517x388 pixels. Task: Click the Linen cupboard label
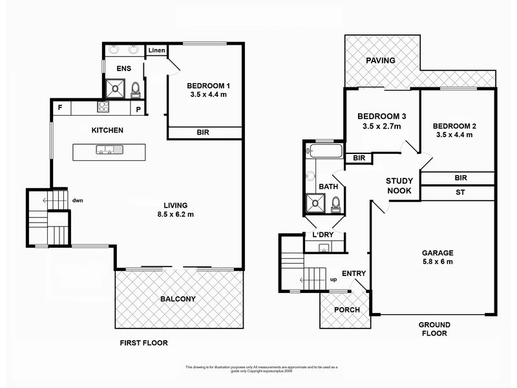click(x=156, y=50)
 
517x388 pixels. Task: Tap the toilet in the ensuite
click(x=136, y=89)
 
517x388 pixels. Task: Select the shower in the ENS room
click(x=114, y=87)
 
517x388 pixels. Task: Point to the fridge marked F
click(x=60, y=107)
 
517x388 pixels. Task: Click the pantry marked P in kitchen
click(x=138, y=108)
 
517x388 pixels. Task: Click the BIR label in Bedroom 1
click(x=203, y=133)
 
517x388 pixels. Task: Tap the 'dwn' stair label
click(x=78, y=200)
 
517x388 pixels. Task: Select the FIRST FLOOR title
click(x=143, y=343)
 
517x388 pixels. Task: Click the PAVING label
click(x=381, y=61)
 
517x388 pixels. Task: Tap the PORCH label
click(x=346, y=310)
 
